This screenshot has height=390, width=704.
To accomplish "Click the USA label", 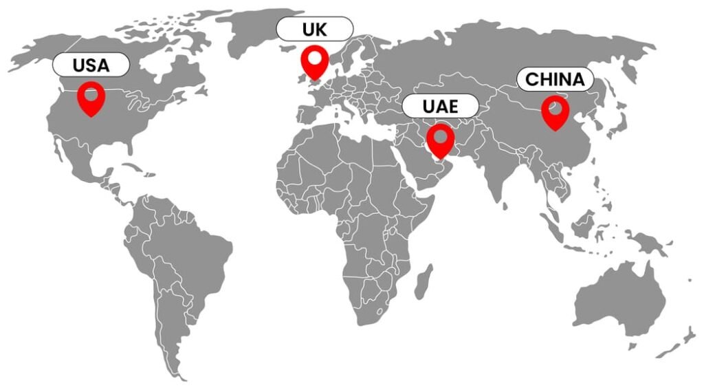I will (91, 65).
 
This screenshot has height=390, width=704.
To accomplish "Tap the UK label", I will (315, 30).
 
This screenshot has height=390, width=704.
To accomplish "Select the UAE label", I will (440, 106).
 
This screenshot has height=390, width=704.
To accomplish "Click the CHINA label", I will (555, 79).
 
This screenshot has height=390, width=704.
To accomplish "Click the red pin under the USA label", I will (91, 98).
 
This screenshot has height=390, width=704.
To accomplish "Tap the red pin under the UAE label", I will (440, 140).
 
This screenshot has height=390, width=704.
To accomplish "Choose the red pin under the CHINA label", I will (555, 112).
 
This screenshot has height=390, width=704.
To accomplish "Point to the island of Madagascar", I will (424, 281).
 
